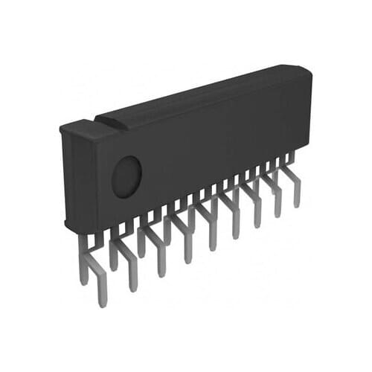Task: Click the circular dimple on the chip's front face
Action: click(x=126, y=176)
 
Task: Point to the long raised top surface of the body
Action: click(x=201, y=93)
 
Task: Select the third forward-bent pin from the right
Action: click(x=257, y=220)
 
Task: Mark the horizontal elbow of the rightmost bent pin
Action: click(x=290, y=174)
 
